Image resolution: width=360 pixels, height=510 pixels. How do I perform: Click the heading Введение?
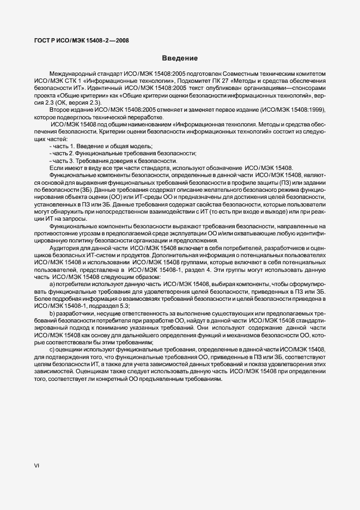click(180, 58)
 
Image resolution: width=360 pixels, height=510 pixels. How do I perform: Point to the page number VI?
click(36, 466)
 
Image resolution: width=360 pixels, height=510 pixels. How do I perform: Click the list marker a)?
click(52, 284)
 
